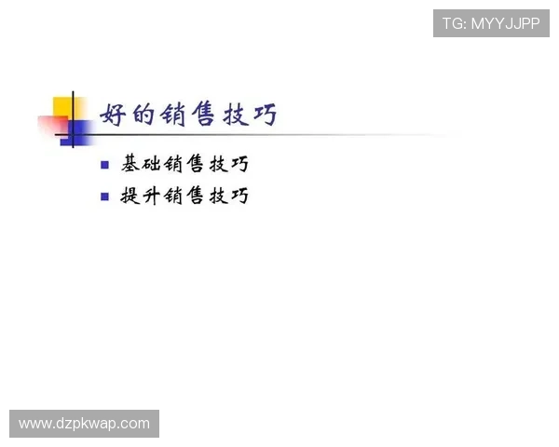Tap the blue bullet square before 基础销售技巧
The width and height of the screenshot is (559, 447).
pos(104,166)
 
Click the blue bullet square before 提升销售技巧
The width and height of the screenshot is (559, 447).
pos(104,197)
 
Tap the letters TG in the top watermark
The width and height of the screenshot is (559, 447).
pos(453,23)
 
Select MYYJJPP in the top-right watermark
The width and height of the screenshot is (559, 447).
pos(505,23)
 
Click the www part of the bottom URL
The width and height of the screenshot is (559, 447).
pos(34,424)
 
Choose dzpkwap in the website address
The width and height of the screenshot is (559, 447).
pos(85,425)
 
